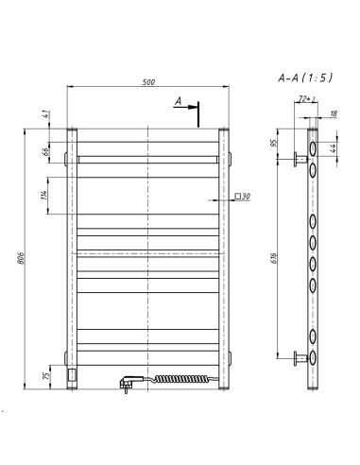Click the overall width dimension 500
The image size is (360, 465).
point(148,82)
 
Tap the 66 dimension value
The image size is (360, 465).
point(43,151)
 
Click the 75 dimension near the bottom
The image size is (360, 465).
point(43,374)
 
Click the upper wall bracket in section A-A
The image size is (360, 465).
point(300,157)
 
